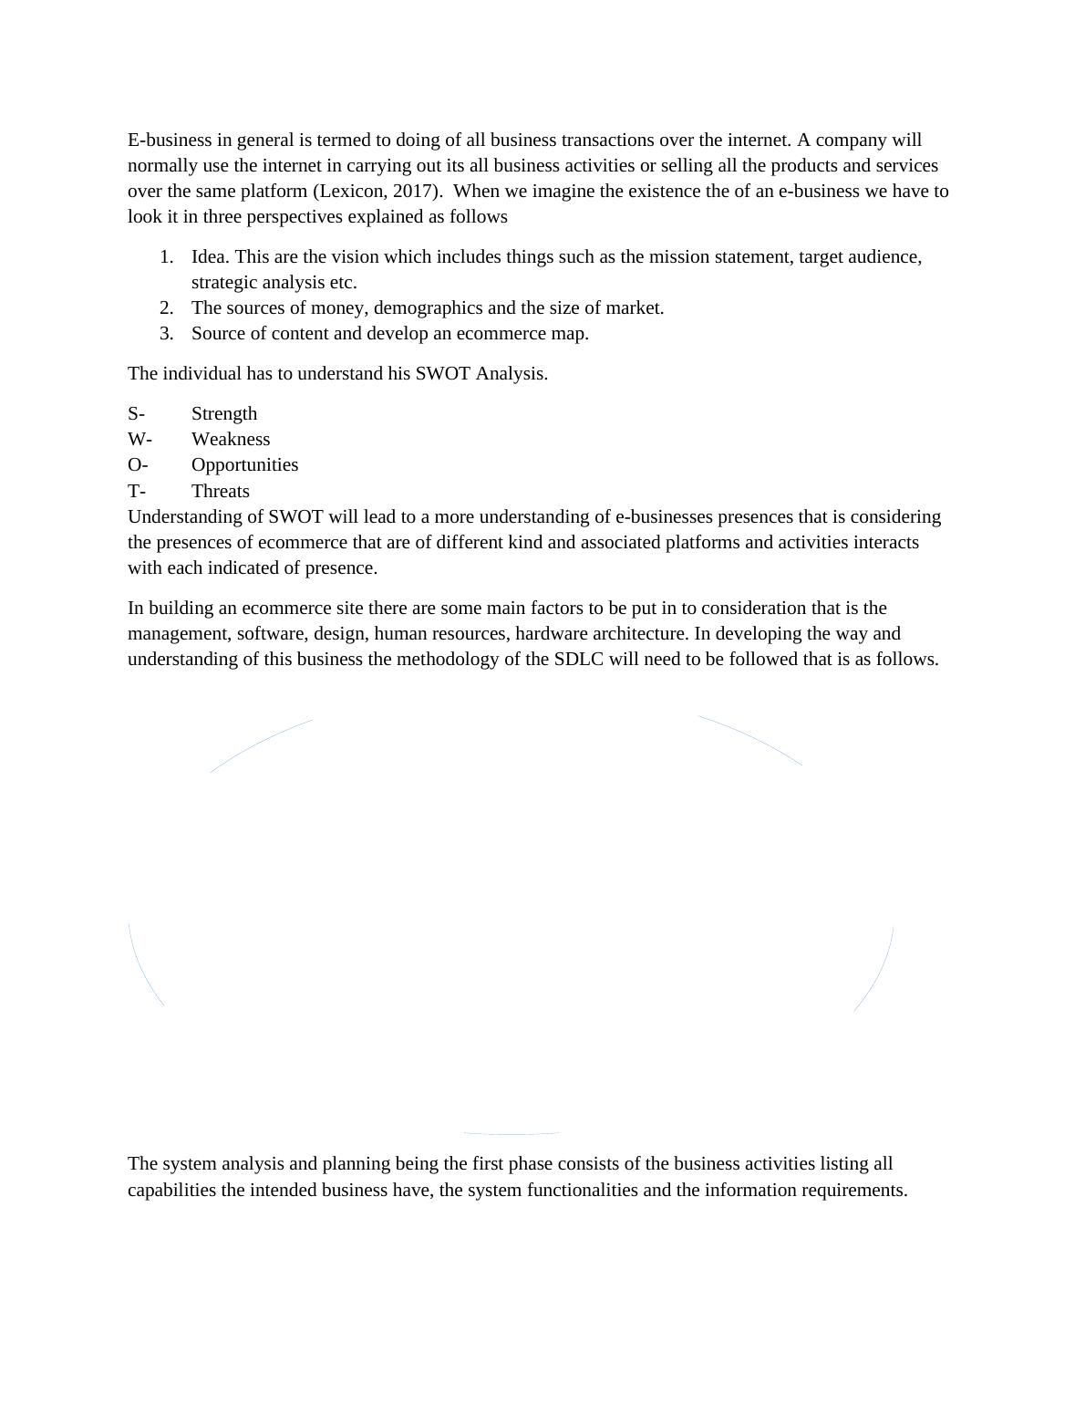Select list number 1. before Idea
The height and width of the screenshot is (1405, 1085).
pyautogui.click(x=166, y=257)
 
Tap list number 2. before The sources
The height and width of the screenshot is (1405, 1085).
pyautogui.click(x=166, y=308)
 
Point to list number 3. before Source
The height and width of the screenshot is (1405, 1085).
pyautogui.click(x=166, y=334)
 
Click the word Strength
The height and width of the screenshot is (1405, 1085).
pyautogui.click(x=224, y=414)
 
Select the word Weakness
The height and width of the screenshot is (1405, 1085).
pyautogui.click(x=231, y=440)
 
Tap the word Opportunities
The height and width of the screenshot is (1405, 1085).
pyautogui.click(x=244, y=465)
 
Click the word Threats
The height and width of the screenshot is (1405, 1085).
pyautogui.click(x=221, y=492)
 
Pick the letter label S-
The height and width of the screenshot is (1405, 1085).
pyautogui.click(x=136, y=414)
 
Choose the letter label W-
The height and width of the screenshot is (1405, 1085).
pyautogui.click(x=139, y=440)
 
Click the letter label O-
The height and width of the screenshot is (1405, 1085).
pyautogui.click(x=138, y=465)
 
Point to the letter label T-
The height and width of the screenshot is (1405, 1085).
pyautogui.click(x=137, y=492)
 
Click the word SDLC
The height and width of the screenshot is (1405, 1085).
pyautogui.click(x=579, y=660)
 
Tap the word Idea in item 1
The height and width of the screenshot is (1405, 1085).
pyautogui.click(x=209, y=257)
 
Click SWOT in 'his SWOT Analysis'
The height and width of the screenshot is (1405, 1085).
pyautogui.click(x=443, y=374)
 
